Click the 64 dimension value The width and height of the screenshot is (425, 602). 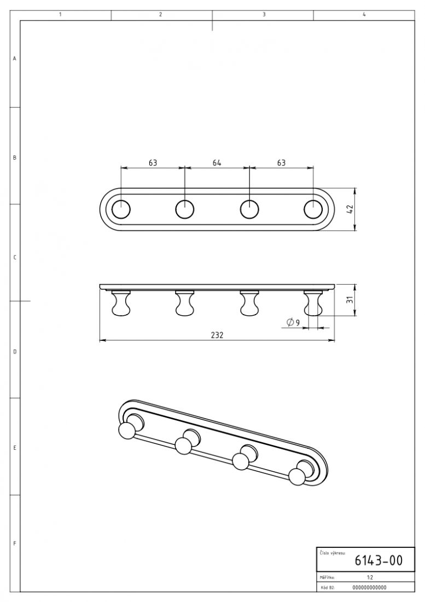[217, 163]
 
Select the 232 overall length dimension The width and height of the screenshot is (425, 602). [217, 334]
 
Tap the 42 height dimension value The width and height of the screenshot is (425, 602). [350, 209]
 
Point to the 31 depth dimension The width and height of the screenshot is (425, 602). [350, 300]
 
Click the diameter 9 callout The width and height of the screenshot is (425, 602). [293, 322]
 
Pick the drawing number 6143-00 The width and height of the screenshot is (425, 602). [378, 560]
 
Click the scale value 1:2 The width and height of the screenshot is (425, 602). [370, 577]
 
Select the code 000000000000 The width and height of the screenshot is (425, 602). [369, 587]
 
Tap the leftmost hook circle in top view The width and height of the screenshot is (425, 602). [121, 210]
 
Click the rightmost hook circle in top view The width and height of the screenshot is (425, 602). [313, 210]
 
